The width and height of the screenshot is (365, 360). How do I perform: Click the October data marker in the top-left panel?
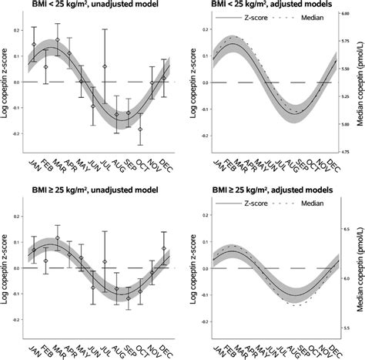[x=140, y=130]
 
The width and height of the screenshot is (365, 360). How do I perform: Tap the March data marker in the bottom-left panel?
[x=58, y=238]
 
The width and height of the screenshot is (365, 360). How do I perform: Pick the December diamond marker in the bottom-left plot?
[x=163, y=248]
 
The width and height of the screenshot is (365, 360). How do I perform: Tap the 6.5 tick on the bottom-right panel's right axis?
[x=345, y=227]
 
